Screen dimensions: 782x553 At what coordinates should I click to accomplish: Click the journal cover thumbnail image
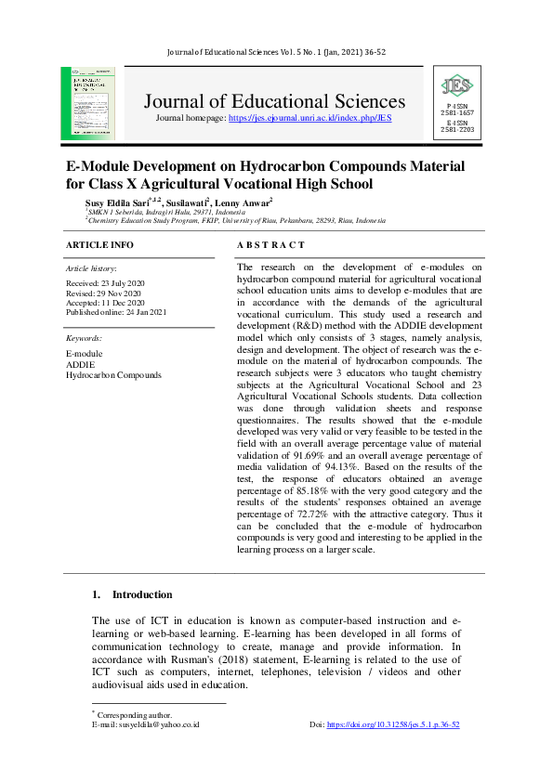88,103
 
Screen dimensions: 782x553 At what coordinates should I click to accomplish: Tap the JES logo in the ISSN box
456,87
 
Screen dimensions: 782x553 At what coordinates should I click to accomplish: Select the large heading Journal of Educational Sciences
274,101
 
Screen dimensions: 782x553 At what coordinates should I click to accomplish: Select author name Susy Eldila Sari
120,202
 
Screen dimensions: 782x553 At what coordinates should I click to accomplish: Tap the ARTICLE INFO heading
100,245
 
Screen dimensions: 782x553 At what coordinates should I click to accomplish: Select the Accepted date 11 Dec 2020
105,302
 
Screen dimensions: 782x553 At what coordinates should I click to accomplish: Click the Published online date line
116,312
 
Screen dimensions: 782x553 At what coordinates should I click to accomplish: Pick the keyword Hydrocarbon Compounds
113,375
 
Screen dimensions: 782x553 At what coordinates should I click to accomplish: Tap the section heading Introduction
141,594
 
